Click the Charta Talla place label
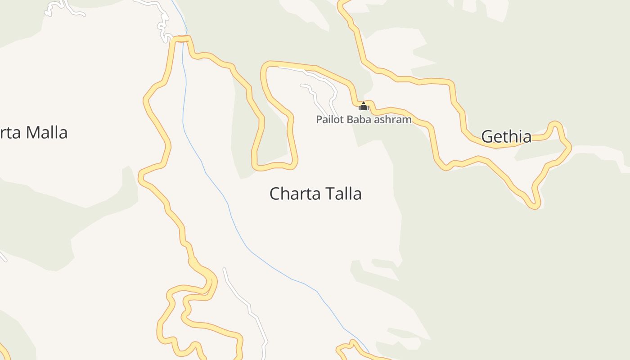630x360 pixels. pos(315,193)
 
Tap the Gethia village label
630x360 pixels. pos(506,136)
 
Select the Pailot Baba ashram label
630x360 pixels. pos(364,120)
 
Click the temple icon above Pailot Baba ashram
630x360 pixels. pos(363,107)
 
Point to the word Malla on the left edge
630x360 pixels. pos(46,133)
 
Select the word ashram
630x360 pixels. pos(394,120)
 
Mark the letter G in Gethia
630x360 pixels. pos(487,136)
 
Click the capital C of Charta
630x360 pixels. pos(274,193)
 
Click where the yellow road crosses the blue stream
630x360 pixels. pos(182,39)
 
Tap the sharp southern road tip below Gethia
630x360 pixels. pos(535,206)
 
